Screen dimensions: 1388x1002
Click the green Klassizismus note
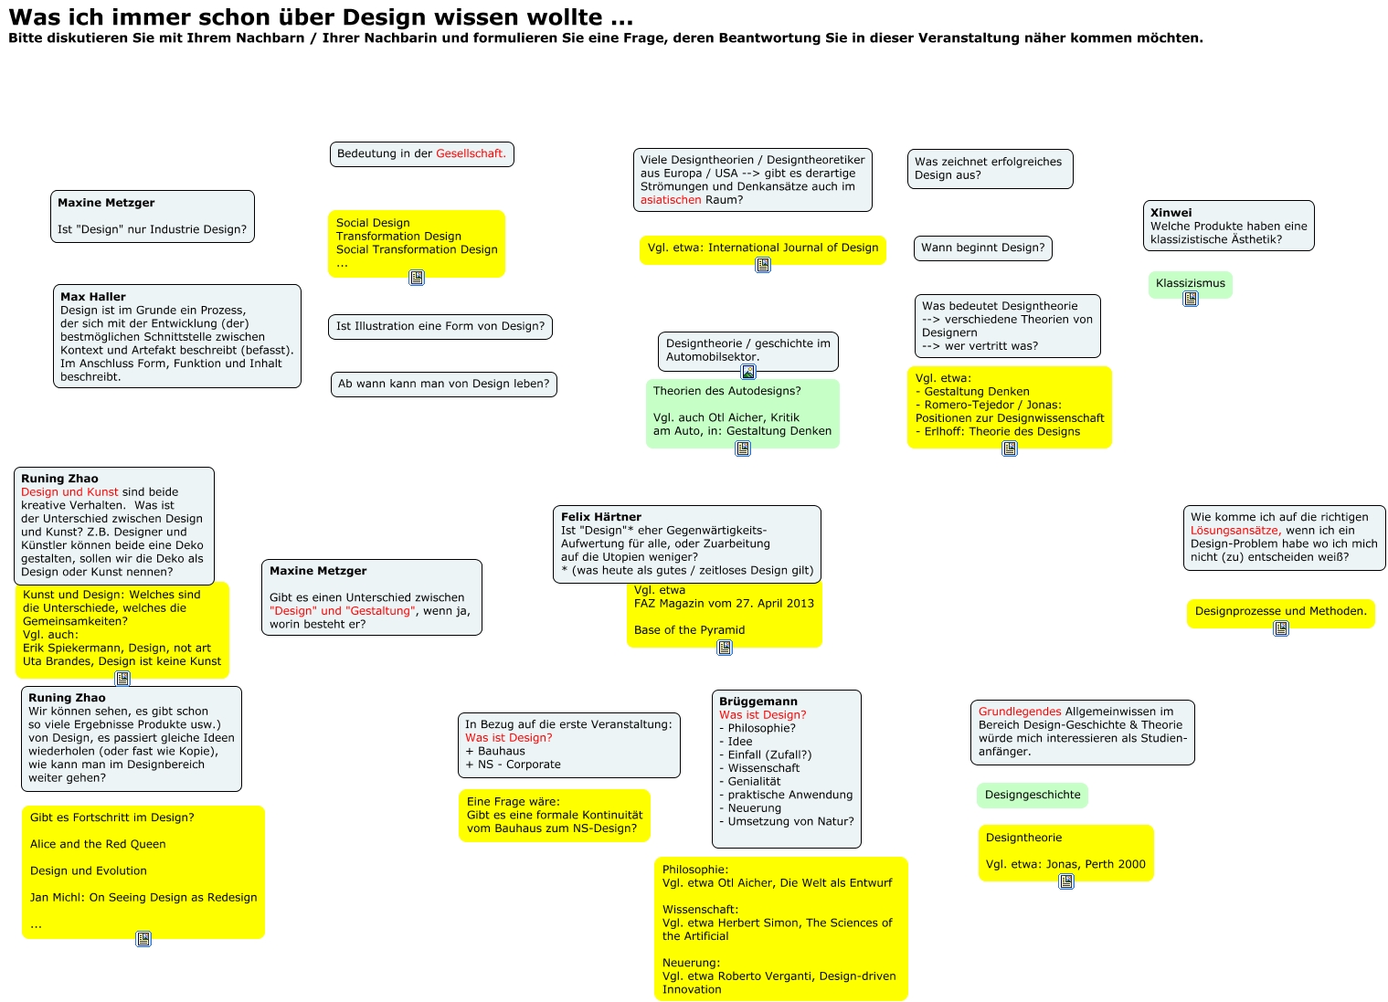tap(1190, 283)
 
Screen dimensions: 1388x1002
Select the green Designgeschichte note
tap(1032, 795)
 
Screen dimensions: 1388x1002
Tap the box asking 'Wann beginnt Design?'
tap(982, 248)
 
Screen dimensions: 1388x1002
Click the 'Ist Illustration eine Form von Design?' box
tap(440, 326)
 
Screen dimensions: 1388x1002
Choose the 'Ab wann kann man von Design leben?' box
tap(443, 384)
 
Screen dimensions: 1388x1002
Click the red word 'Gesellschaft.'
tap(471, 153)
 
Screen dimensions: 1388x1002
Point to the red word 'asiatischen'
tap(671, 200)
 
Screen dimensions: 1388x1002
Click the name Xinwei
tap(1171, 213)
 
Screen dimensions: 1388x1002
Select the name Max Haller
tap(93, 297)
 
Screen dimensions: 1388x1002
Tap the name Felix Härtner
tap(600, 517)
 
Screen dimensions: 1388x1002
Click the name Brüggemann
tap(758, 701)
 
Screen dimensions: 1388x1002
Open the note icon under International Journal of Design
tap(763, 265)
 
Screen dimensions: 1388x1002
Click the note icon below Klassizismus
tap(1191, 299)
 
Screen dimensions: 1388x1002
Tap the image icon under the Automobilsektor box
tap(748, 372)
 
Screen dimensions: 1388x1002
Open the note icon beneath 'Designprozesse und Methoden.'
tap(1281, 628)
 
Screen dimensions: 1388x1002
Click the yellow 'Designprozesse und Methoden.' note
tap(1280, 611)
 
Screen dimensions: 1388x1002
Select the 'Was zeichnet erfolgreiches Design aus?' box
tap(990, 169)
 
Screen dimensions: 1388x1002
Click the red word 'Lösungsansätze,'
tap(1234, 531)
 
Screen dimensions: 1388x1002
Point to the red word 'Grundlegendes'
tap(1020, 712)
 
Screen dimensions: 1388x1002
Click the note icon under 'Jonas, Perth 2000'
tap(1066, 881)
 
